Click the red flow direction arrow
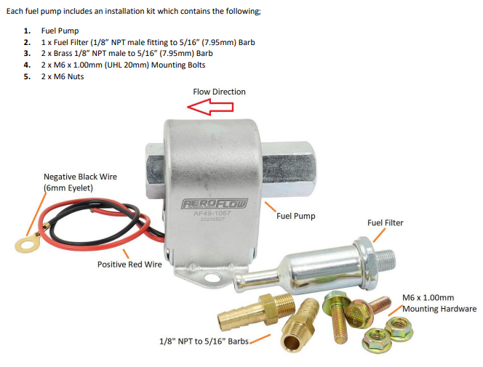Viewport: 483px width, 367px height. click(x=210, y=107)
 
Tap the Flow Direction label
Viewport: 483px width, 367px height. click(x=220, y=92)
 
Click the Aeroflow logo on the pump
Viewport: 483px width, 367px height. click(x=215, y=203)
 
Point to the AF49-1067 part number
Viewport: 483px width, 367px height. click(x=212, y=213)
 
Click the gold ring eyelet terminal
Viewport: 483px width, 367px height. click(x=28, y=243)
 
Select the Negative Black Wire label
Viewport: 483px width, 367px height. click(x=80, y=182)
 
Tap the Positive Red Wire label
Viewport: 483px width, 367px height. click(x=129, y=265)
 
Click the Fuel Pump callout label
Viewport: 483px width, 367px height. click(x=296, y=216)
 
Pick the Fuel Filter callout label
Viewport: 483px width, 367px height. click(x=385, y=222)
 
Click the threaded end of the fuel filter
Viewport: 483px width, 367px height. click(x=384, y=261)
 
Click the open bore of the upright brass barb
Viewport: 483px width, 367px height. click(x=292, y=342)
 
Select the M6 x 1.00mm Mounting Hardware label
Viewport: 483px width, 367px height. click(x=439, y=303)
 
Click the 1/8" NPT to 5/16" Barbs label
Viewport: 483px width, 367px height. click(x=204, y=341)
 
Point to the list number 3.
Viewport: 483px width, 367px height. click(x=28, y=53)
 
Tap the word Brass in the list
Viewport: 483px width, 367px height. click(x=63, y=53)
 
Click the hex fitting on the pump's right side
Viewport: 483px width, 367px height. click(x=288, y=169)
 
